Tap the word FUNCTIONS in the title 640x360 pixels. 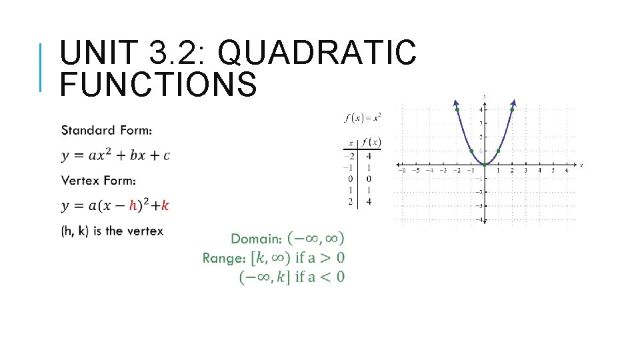pos(158,85)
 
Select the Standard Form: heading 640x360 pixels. pos(107,129)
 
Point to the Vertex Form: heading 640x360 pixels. pos(99,180)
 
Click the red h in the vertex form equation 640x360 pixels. pos(133,205)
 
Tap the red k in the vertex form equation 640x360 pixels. pos(165,205)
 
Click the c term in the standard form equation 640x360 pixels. pos(166,155)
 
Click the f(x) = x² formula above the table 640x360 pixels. pos(363,118)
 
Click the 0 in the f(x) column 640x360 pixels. pos(369,179)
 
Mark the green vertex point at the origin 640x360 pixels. pos(485,165)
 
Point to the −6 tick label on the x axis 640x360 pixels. pos(401,171)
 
